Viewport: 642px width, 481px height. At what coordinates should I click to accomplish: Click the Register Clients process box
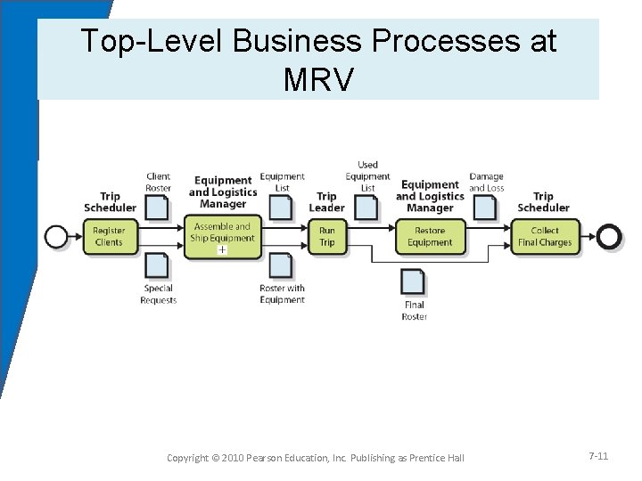109,236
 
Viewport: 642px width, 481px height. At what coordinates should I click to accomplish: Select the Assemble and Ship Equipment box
224,236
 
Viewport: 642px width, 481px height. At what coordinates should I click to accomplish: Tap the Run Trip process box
327,236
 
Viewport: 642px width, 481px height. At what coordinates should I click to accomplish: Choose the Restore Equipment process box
431,236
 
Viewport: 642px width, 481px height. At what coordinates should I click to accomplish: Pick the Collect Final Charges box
545,236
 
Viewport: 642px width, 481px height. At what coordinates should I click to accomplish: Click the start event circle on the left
56,235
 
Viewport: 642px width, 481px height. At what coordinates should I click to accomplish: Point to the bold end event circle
609,235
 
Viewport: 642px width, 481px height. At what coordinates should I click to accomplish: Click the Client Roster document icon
158,208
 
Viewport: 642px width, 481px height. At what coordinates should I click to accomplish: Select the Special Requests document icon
158,266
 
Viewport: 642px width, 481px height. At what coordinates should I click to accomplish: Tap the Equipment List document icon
281,208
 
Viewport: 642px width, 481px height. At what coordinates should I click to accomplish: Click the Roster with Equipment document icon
281,266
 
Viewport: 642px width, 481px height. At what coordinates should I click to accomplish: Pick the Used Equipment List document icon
366,208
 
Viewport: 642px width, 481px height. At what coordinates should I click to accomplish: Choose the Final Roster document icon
414,281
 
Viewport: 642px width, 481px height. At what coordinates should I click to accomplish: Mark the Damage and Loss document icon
485,208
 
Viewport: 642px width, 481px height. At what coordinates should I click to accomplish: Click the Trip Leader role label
326,202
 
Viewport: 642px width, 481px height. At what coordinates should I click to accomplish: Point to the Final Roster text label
415,311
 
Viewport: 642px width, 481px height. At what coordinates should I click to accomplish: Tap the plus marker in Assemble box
223,250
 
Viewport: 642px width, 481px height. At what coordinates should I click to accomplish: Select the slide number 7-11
598,456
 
